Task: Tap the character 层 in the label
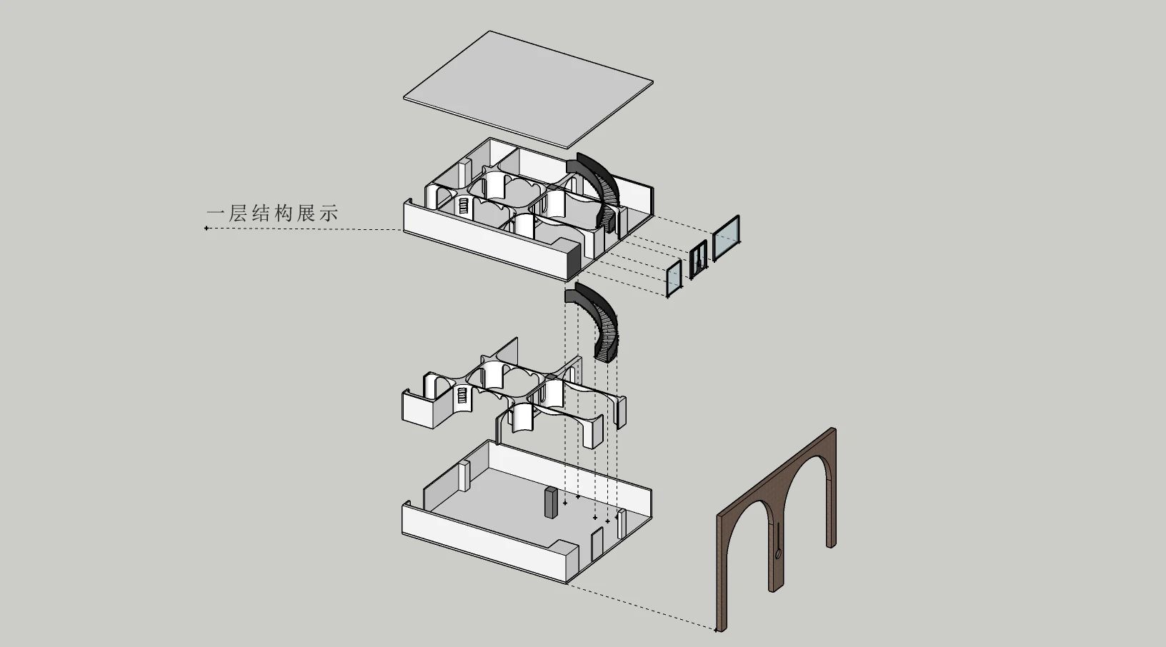coord(240,213)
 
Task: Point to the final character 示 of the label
coord(329,213)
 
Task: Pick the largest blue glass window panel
coord(727,235)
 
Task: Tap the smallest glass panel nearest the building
coord(673,278)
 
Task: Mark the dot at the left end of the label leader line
coord(206,229)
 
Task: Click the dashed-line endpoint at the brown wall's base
coord(716,630)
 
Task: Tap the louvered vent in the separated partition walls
coord(462,396)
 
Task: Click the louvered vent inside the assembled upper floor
coord(463,207)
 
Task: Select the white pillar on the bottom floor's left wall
coord(464,475)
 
